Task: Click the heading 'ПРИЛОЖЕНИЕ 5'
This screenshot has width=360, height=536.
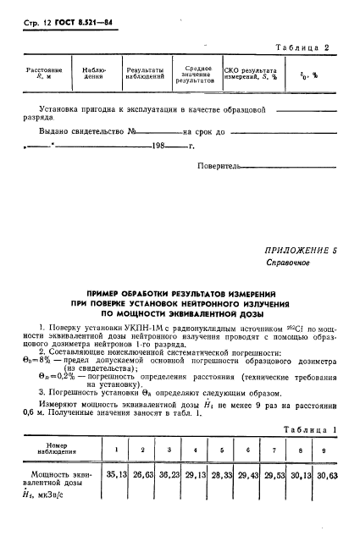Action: (299, 251)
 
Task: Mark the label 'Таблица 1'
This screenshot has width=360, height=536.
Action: (310, 431)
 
